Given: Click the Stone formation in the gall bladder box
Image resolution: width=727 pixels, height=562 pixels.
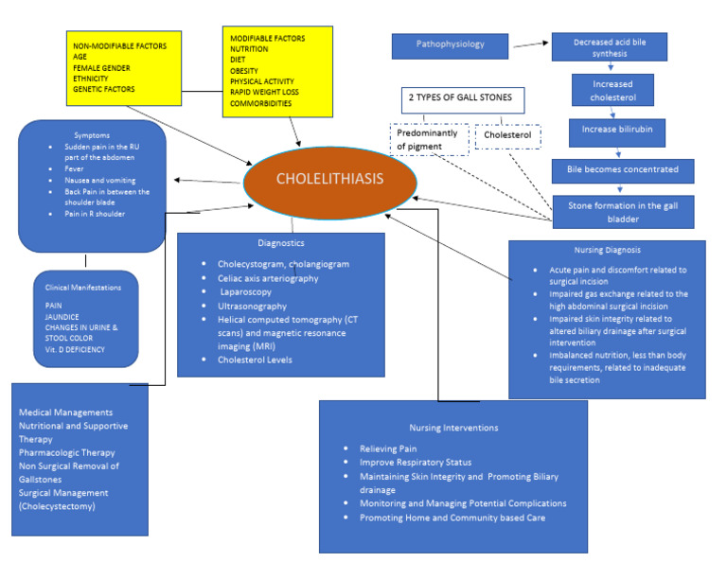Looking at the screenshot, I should pyautogui.click(x=623, y=209).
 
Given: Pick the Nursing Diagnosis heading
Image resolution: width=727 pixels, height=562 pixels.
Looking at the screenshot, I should pyautogui.click(x=606, y=251).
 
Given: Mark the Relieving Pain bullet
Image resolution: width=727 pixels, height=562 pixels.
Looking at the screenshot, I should pyautogui.click(x=388, y=448).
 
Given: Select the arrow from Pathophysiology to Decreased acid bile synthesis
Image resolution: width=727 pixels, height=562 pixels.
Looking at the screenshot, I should pyautogui.click(x=532, y=44).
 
